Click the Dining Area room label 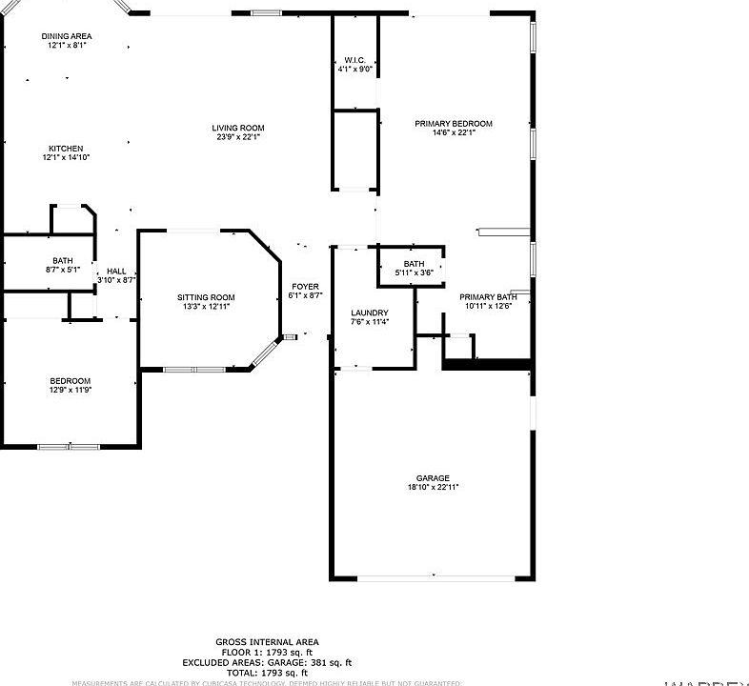point(67,36)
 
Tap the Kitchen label point(67,149)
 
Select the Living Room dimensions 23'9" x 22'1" point(238,137)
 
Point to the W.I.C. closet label point(355,60)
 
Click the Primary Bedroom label point(454,124)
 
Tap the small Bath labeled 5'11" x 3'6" point(414,264)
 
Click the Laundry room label point(369,313)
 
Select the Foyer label point(305,287)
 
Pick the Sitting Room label point(206,298)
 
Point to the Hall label point(116,271)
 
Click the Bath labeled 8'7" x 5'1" point(63,260)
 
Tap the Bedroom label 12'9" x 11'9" point(71,381)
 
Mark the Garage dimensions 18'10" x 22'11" point(432,488)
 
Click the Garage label point(432,478)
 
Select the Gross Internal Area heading point(267,642)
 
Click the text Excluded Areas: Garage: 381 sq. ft point(267,662)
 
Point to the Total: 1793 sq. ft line point(267,673)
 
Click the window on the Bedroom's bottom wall point(69,446)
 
